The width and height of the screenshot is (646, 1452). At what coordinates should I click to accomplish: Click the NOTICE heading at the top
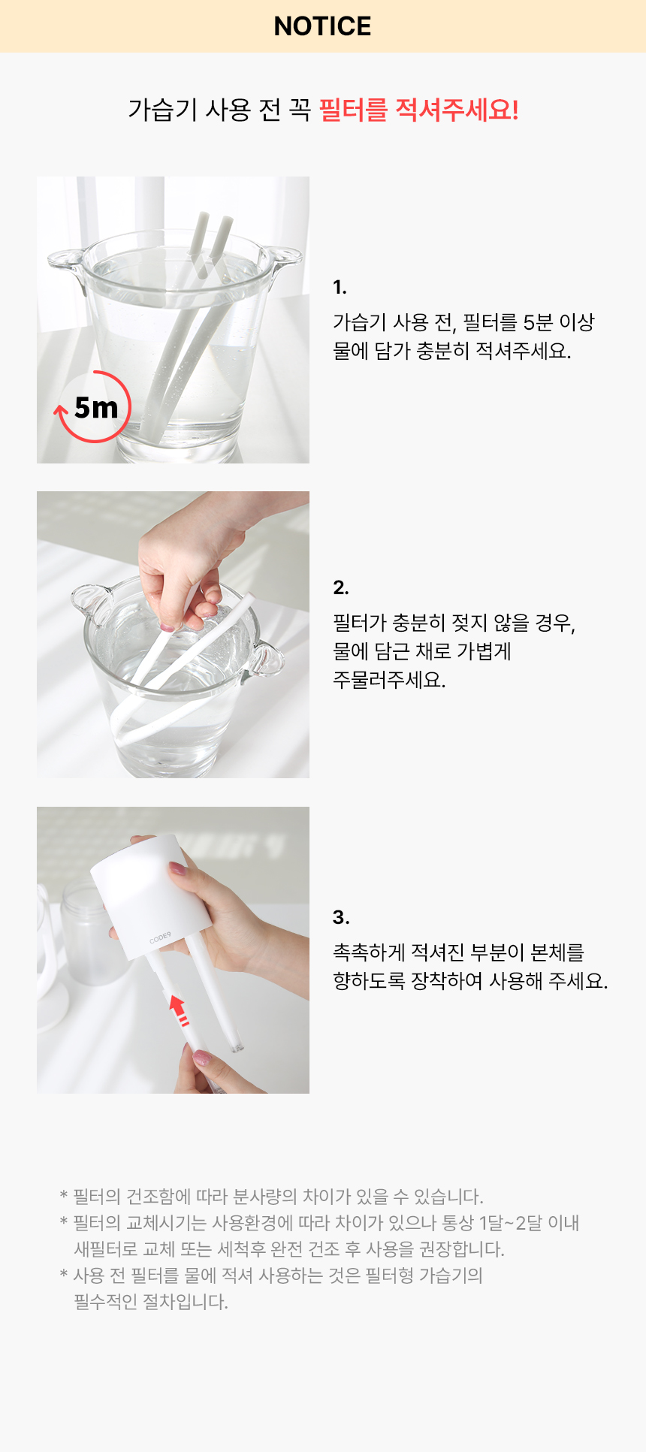322,26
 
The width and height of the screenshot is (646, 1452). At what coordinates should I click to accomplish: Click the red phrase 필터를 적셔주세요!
418,110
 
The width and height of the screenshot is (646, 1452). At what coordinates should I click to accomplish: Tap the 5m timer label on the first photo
96,408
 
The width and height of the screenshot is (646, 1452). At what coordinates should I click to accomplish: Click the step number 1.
340,287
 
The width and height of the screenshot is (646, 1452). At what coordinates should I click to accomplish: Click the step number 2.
340,587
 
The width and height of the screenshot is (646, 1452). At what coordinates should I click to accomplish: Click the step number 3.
340,917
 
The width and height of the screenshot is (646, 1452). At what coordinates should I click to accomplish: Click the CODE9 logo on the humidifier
160,938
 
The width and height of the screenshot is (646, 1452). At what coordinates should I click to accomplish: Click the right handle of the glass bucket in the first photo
285,259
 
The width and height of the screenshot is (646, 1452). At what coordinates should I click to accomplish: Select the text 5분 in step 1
538,322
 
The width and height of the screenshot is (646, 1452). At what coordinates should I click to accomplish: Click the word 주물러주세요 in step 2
388,680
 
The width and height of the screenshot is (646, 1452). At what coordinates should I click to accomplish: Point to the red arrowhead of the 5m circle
61,410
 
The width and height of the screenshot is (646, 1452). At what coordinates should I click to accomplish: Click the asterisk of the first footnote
64,1196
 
